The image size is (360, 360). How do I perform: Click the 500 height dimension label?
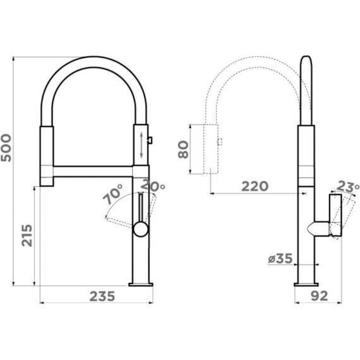[6, 148]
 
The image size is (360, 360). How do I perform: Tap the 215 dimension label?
[27, 236]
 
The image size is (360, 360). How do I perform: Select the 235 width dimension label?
[102, 296]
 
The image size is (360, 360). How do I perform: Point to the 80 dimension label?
[183, 150]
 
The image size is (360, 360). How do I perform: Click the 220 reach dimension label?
[255, 186]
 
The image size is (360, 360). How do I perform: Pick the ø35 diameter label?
[280, 259]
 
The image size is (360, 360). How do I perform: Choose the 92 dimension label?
[320, 296]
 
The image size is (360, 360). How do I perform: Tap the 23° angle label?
[348, 187]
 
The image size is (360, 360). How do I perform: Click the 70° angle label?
[112, 195]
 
